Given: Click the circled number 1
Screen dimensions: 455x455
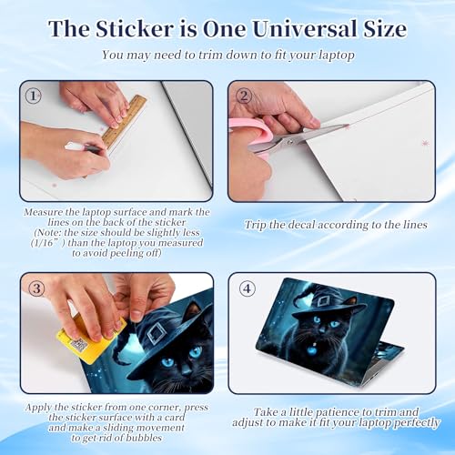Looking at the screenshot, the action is (33, 96).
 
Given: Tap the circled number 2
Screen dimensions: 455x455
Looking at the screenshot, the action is (244, 96).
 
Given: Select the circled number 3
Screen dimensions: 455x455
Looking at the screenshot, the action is (36, 288).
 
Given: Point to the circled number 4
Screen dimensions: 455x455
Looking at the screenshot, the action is (248, 288).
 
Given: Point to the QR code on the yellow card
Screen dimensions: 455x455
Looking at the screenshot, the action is (79, 345).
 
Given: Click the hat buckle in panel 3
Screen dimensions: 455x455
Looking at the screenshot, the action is (157, 333).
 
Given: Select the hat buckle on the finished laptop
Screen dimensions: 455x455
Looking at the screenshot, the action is (323, 302).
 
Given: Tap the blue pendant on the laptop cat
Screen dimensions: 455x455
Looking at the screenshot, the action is (312, 350).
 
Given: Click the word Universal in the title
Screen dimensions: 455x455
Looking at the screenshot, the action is (305, 29).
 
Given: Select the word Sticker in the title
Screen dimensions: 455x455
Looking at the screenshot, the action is (135, 29).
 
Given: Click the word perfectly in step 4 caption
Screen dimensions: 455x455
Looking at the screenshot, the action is (417, 423).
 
